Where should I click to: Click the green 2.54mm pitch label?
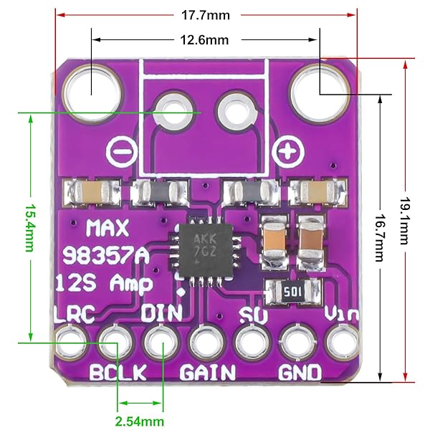[140, 420]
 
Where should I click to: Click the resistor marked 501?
[290, 292]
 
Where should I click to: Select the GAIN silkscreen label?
[207, 373]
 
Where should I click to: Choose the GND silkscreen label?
[300, 373]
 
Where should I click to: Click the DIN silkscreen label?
[161, 313]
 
